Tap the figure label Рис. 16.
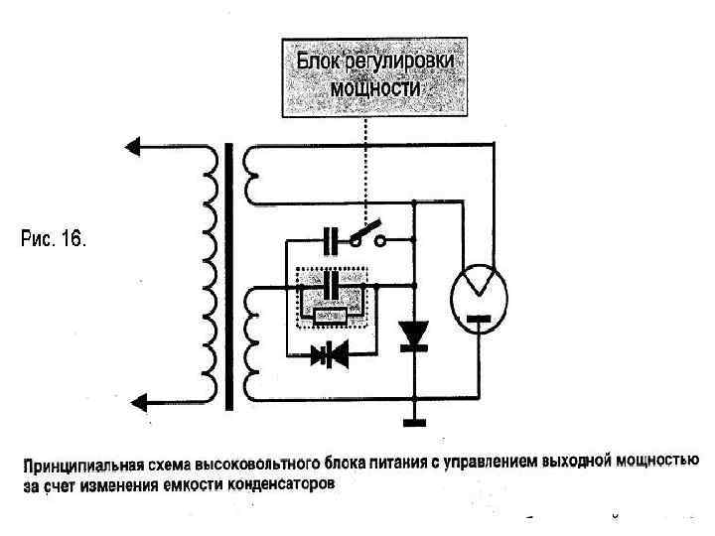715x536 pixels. (x=56, y=239)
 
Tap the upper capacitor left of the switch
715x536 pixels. (x=332, y=238)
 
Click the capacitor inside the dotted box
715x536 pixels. (x=332, y=286)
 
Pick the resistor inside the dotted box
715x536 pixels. (x=331, y=317)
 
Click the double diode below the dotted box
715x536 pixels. (x=331, y=354)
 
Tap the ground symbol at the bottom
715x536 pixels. (x=413, y=421)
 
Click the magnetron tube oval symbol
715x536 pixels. (x=479, y=294)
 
